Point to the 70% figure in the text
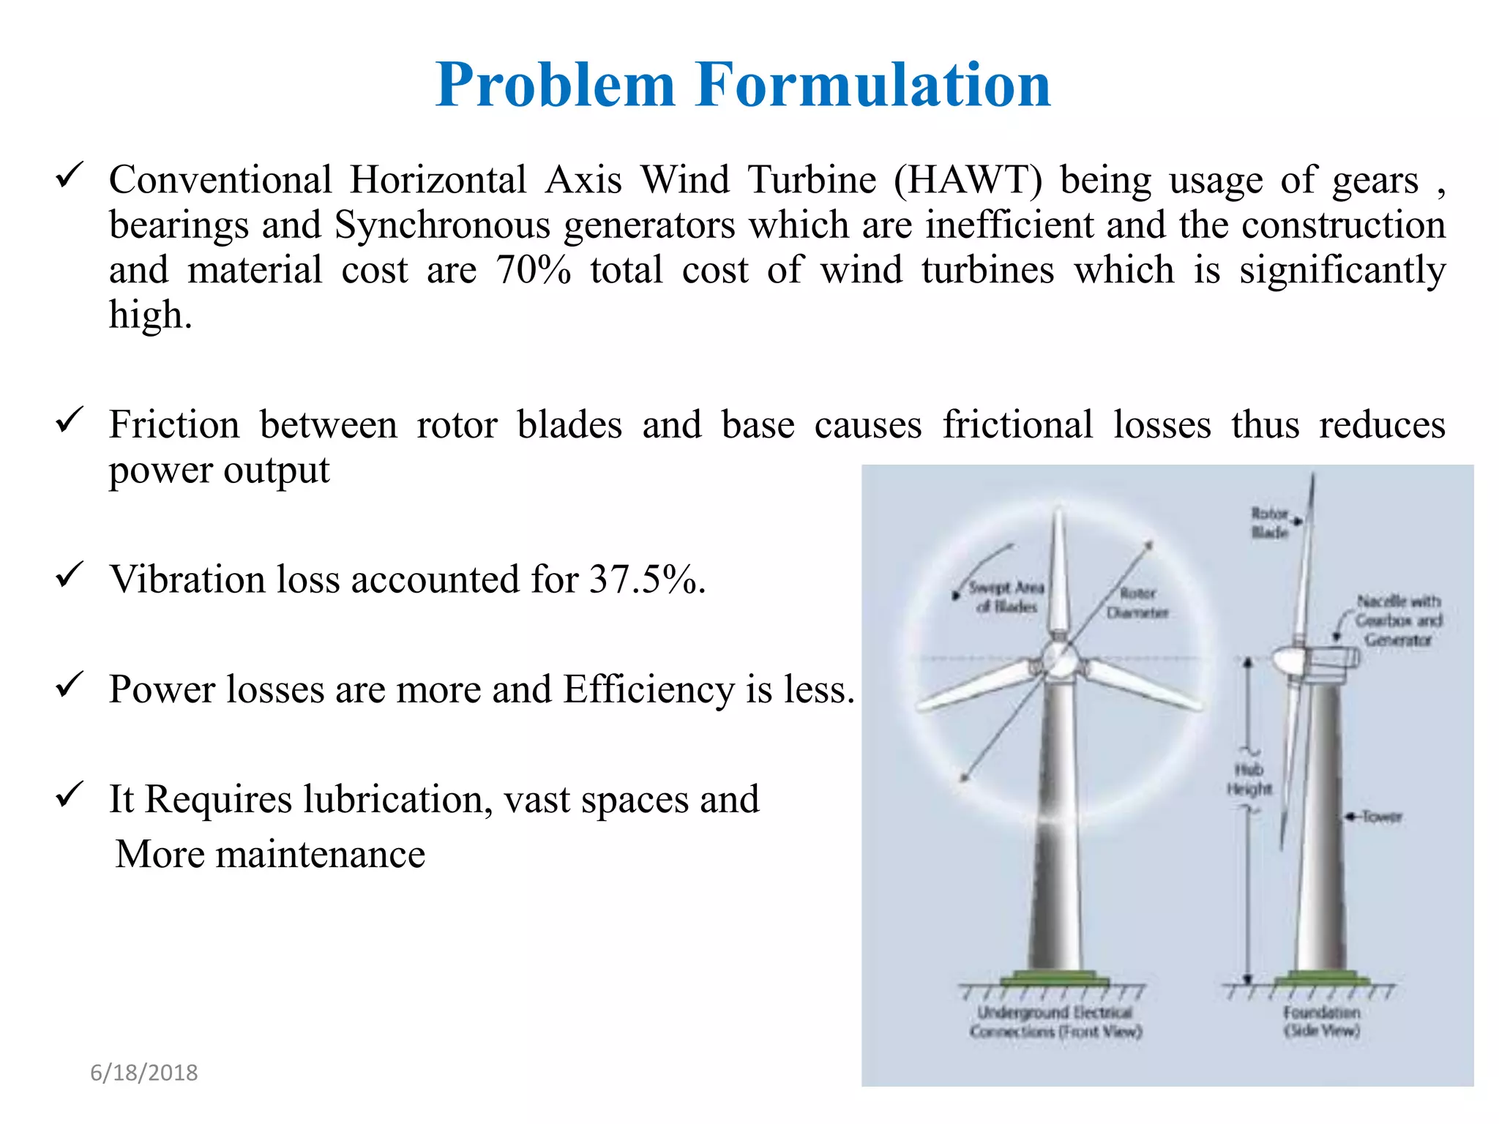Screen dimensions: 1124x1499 pyautogui.click(x=533, y=270)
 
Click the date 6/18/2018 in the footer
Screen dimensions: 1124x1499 pyautogui.click(x=144, y=1073)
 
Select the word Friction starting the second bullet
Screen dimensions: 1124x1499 pyautogui.click(x=174, y=425)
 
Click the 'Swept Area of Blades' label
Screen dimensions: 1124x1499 pyautogui.click(x=1006, y=596)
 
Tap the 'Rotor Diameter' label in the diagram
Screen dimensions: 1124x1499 pyautogui.click(x=1137, y=602)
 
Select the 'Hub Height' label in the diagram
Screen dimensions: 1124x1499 pyautogui.click(x=1249, y=779)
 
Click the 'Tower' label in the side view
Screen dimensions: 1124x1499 pyautogui.click(x=1381, y=817)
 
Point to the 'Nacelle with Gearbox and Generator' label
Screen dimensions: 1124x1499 pyautogui.click(x=1398, y=621)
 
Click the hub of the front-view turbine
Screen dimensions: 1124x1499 pyautogui.click(x=1058, y=659)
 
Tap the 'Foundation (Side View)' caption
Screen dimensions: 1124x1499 pyautogui.click(x=1322, y=1022)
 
